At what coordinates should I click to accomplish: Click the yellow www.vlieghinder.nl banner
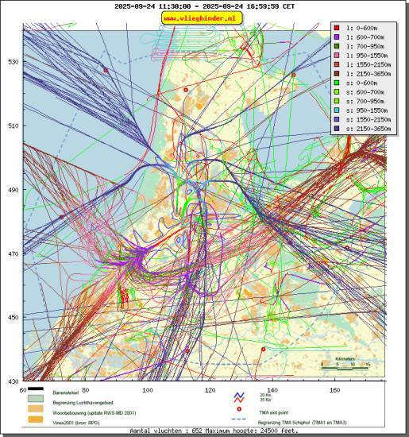pos(203,17)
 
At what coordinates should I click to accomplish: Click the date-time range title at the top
pos(204,6)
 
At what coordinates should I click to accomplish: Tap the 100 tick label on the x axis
pos(147,390)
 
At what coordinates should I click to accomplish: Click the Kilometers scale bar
pos(345,366)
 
